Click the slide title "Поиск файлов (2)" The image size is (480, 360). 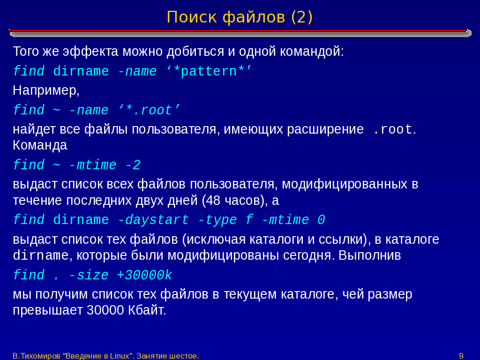tap(240, 17)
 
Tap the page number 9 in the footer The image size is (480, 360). tap(461, 356)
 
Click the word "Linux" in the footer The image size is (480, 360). tap(120, 356)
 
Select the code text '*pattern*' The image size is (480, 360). tap(209, 72)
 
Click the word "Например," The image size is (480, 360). tap(46, 90)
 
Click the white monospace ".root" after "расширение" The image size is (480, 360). tap(393, 129)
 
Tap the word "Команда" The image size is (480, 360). tap(40, 145)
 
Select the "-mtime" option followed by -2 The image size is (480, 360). tap(93, 165)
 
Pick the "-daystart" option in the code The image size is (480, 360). tap(153, 220)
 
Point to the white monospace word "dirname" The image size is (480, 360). tap(41, 255)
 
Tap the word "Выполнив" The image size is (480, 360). tap(369, 255)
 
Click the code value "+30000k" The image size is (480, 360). tap(144, 275)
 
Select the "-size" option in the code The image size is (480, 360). tap(89, 275)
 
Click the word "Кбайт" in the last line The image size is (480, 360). tap(147, 310)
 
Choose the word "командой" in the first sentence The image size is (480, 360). tap(312, 52)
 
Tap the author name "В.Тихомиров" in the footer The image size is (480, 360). tap(37, 356)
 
